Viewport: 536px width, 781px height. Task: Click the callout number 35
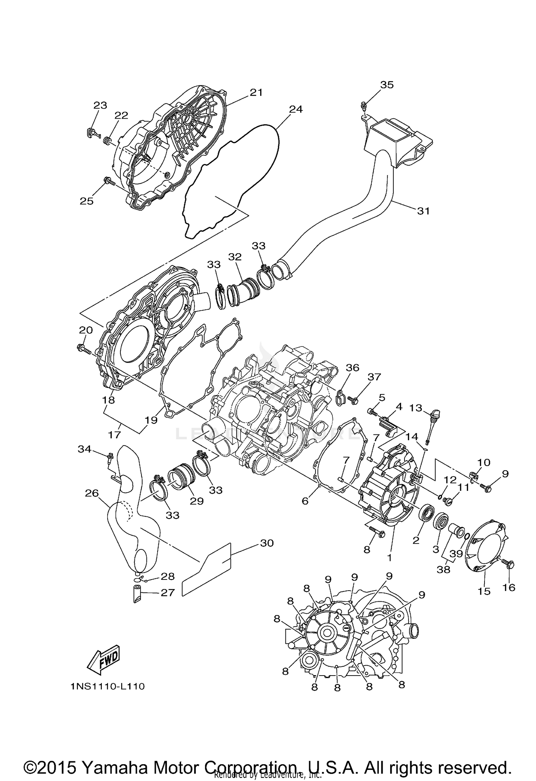(387, 85)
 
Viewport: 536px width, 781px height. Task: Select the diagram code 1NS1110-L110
(108, 687)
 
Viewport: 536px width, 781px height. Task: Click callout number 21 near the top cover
(256, 93)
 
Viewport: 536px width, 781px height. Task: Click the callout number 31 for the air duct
(423, 211)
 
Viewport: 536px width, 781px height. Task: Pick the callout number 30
(267, 543)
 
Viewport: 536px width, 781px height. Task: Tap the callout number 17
(115, 435)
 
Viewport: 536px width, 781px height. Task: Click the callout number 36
(352, 368)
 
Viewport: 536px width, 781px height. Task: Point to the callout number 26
(91, 493)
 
